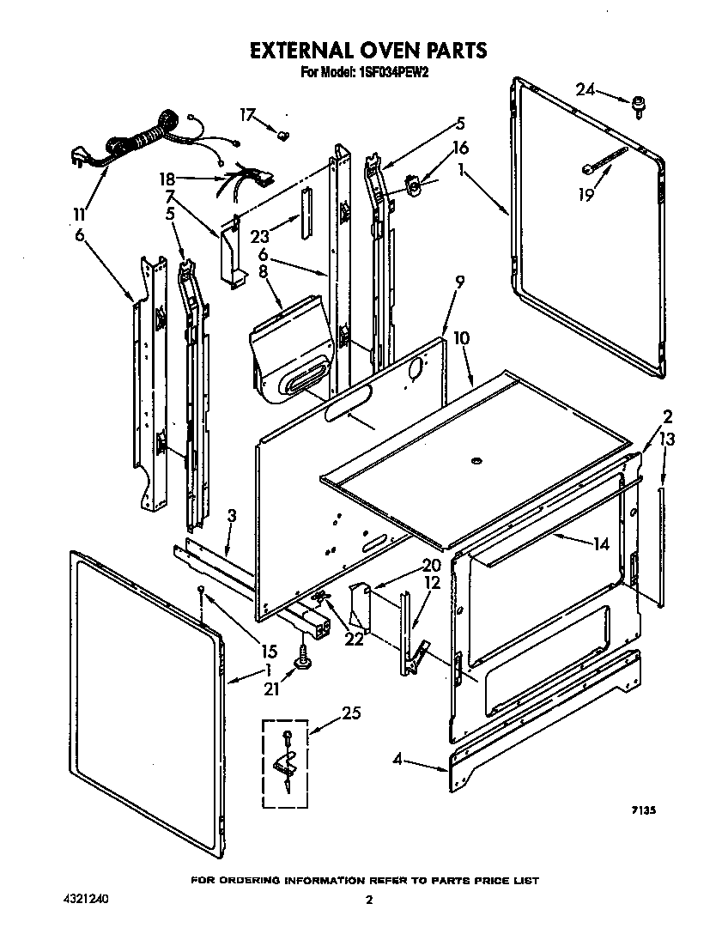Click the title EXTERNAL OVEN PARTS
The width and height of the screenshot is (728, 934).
367,51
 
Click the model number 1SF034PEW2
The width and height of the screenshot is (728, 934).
388,73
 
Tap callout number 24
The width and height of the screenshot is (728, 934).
585,89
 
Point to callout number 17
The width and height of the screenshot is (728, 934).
247,114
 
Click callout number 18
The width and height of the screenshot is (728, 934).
167,179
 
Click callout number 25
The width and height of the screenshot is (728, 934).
351,713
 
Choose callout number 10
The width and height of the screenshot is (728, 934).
461,339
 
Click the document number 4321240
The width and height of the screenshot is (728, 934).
87,900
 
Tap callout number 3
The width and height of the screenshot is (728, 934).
232,516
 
